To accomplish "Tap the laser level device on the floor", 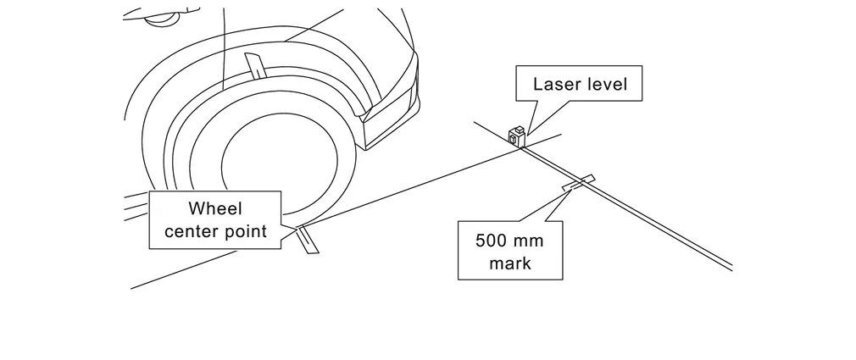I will (x=516, y=135).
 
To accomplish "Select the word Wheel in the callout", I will (x=214, y=208).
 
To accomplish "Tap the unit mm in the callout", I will (x=530, y=240).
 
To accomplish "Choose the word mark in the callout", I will (x=510, y=263).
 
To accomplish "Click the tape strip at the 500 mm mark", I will (x=578, y=181).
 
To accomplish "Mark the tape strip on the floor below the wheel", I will (x=307, y=241).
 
